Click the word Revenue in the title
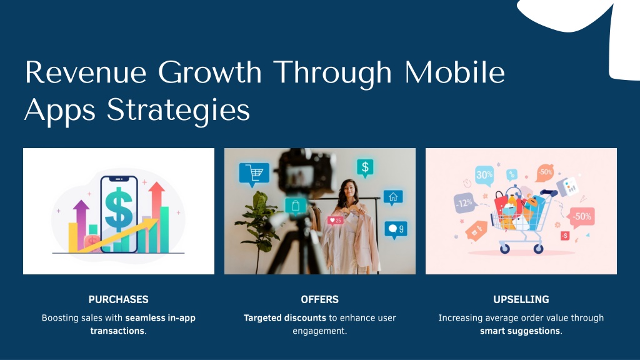(86, 72)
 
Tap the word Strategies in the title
(178, 110)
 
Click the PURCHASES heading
(118, 299)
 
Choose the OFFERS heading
(319, 299)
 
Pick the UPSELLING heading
(521, 299)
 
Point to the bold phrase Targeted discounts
(284, 318)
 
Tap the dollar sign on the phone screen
(118, 209)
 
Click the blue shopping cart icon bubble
(254, 174)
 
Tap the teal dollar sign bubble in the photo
(365, 167)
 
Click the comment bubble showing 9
(396, 230)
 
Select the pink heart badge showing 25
(336, 221)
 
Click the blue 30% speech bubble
(484, 176)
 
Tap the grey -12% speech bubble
(465, 203)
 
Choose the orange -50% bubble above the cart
(545, 172)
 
